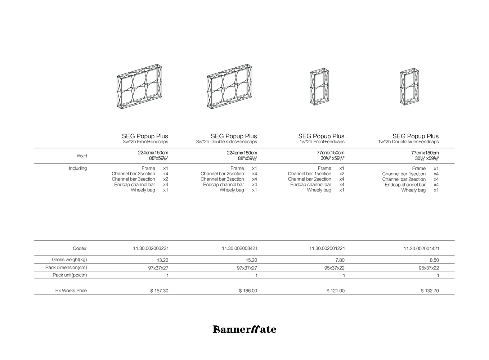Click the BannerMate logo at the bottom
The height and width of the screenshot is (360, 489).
pyautogui.click(x=244, y=329)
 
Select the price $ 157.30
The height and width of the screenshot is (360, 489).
pyautogui.click(x=159, y=291)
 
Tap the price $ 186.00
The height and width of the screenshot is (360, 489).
pyautogui.click(x=248, y=291)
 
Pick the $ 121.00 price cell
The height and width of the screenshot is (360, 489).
pyautogui.click(x=335, y=291)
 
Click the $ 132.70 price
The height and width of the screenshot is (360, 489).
pyautogui.click(x=430, y=291)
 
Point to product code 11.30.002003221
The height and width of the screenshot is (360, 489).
pyautogui.click(x=151, y=248)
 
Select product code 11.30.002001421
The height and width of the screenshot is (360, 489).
pyautogui.click(x=421, y=248)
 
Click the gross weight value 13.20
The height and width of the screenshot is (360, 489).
pyautogui.click(x=163, y=260)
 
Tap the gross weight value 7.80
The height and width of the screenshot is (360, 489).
pyautogui.click(x=340, y=260)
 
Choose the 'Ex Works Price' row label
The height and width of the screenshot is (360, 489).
pyautogui.click(x=71, y=291)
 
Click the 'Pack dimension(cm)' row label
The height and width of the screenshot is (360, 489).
pyautogui.click(x=66, y=267)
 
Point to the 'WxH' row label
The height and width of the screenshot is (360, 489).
pyautogui.click(x=82, y=156)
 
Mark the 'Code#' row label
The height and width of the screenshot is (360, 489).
pyautogui.click(x=80, y=248)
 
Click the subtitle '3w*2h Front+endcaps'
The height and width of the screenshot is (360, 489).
pyautogui.click(x=145, y=142)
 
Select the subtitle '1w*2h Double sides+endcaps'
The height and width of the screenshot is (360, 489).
pyautogui.click(x=408, y=142)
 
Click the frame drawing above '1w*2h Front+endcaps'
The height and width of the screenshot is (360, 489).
pyautogui.click(x=320, y=87)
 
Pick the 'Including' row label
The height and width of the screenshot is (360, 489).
pyautogui.click(x=78, y=168)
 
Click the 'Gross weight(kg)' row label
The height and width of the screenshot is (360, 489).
pyautogui.click(x=69, y=260)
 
